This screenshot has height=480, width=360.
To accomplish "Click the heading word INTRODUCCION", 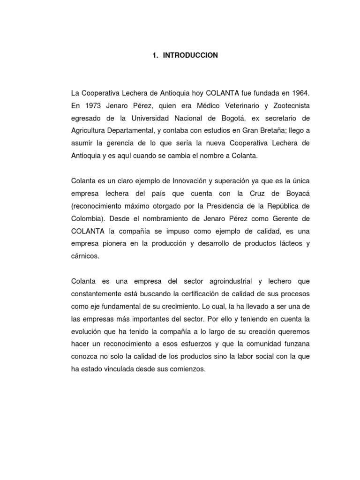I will pyautogui.click(x=190, y=55).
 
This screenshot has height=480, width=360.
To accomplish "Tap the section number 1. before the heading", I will pyautogui.click(x=155, y=55).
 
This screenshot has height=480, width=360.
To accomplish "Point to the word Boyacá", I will pyautogui.click(x=295, y=193).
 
